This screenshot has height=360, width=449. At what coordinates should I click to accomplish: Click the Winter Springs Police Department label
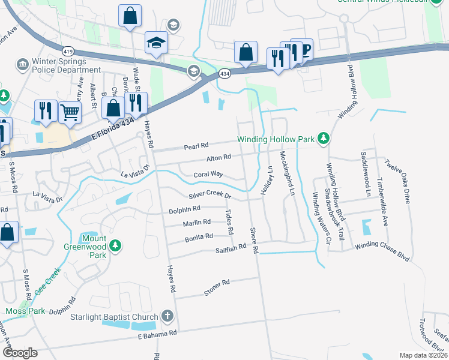[59, 65]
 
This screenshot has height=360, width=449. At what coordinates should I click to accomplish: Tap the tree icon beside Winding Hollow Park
[324, 139]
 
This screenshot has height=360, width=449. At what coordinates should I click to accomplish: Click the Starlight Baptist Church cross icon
[167, 316]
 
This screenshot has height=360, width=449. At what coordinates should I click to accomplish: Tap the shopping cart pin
[70, 112]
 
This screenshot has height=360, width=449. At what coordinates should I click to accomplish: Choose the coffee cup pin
[303, 50]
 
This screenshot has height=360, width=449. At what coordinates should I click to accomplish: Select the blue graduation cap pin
[157, 43]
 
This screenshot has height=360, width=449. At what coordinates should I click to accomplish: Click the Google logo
[20, 353]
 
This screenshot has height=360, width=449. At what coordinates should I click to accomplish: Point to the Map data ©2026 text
[423, 355]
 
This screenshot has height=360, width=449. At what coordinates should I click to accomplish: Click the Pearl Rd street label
[196, 145]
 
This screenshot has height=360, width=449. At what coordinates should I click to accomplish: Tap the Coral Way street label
[208, 175]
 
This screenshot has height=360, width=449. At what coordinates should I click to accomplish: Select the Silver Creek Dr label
[210, 196]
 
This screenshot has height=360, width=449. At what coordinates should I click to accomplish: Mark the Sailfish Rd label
[232, 247]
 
